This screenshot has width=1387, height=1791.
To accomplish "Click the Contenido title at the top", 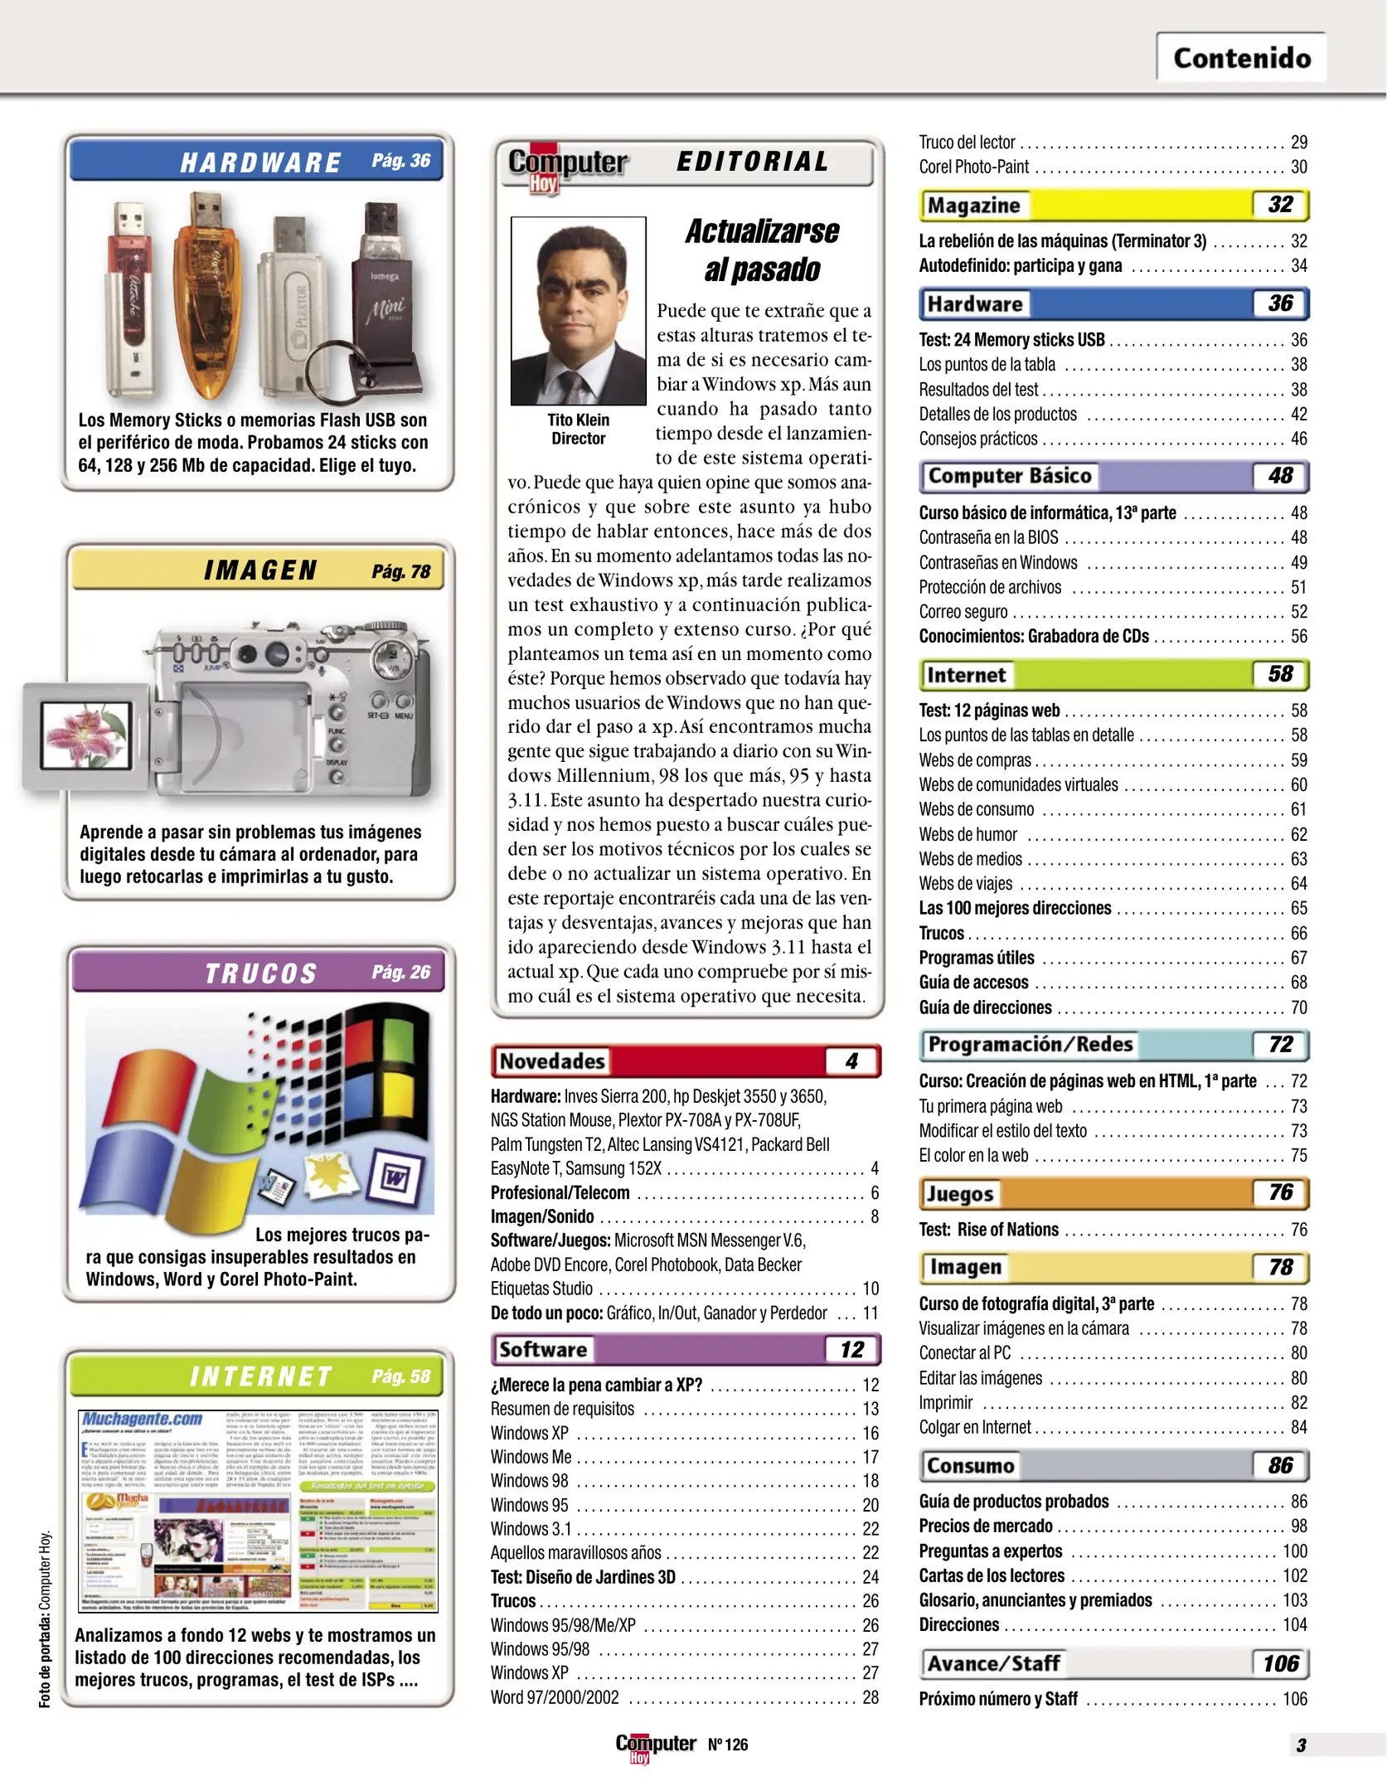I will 1241,58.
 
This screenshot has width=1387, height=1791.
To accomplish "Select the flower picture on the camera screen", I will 86,735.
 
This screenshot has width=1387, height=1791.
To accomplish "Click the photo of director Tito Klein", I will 578,311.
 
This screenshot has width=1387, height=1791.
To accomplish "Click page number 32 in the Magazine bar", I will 1280,205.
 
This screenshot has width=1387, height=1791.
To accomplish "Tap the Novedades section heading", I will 552,1061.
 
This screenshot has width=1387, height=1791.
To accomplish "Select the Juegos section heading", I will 959,1193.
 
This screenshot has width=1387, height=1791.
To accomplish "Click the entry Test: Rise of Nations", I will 988,1230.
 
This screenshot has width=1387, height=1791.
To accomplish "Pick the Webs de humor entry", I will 968,834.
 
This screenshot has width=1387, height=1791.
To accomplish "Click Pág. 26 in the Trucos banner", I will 401,972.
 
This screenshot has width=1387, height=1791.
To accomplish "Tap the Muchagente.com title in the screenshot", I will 143,1419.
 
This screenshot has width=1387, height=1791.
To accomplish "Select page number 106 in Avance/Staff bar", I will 1280,1663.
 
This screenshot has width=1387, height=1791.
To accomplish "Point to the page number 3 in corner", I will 1301,1745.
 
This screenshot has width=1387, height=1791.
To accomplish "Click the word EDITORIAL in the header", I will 753,162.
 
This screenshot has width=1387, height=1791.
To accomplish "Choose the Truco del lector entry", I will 967,143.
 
